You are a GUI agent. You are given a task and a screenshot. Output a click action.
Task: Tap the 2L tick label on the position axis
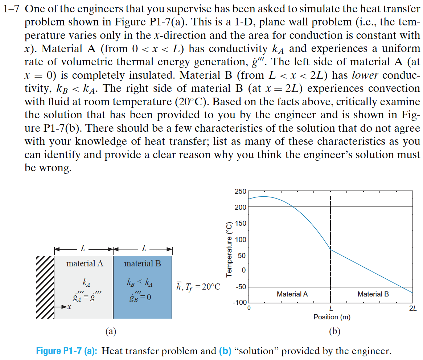[x=412, y=309]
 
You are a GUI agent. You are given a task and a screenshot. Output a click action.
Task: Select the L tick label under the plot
[x=331, y=309]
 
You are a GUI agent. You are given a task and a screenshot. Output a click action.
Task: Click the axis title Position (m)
[x=332, y=317]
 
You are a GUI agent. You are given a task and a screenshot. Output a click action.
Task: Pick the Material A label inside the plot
[x=292, y=294]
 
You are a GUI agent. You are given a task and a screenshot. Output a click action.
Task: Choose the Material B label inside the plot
[x=373, y=294]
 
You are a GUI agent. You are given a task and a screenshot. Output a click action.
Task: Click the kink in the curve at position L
[x=330, y=250]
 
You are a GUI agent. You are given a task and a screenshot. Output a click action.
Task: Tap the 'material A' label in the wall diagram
[x=85, y=263]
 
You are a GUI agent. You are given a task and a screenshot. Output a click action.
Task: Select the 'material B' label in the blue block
[x=142, y=263]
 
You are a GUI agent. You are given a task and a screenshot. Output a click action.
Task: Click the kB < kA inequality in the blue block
[x=140, y=282]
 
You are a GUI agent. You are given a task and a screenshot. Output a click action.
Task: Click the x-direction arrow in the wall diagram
[x=62, y=307]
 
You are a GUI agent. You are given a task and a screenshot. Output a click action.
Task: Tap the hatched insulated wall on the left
[x=45, y=287]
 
